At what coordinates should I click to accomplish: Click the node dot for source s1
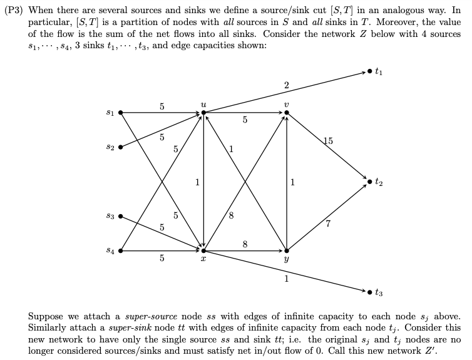coord(120,113)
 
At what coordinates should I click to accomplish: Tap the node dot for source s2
coord(120,148)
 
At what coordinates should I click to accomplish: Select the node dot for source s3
coord(120,217)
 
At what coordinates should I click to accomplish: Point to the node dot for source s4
coord(120,251)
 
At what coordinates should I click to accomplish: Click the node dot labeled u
coord(203,113)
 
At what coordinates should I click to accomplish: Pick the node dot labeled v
coord(286,113)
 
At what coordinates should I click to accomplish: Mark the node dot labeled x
coord(203,251)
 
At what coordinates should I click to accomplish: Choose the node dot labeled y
coord(286,251)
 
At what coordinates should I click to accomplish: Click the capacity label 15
coord(328,141)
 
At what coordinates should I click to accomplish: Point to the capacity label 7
coord(328,224)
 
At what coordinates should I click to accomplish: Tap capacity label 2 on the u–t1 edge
coord(286,85)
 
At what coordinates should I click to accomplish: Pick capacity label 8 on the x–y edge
coord(245,244)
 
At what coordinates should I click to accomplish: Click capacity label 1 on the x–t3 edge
coord(286,279)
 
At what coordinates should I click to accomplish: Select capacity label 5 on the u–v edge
coord(245,120)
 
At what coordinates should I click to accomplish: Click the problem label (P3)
coord(15,11)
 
